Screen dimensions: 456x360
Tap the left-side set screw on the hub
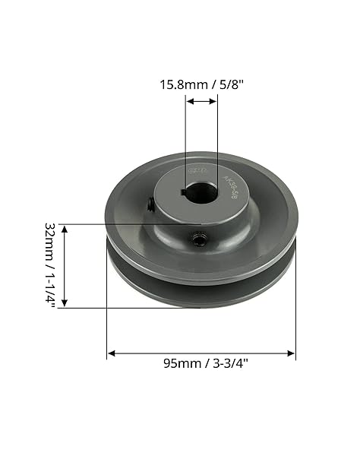[150, 204]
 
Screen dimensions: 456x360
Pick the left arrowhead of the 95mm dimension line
[111, 353]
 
